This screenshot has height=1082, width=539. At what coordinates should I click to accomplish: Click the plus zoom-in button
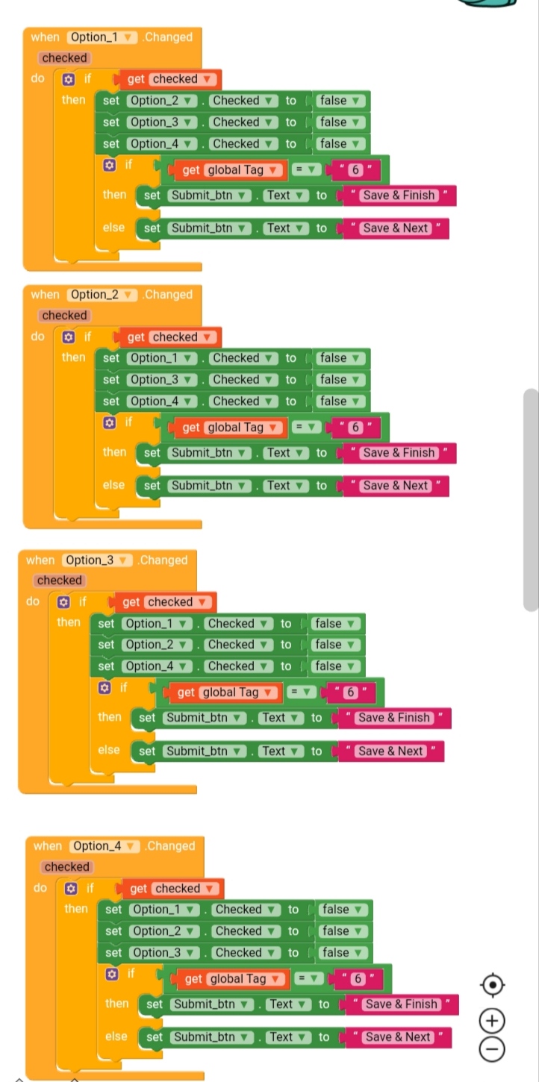tap(492, 1020)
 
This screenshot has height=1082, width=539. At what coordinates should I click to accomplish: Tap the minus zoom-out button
tap(492, 1049)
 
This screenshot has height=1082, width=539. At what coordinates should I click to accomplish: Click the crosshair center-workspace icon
tap(492, 985)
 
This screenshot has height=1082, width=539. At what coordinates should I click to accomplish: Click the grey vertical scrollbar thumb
tap(531, 500)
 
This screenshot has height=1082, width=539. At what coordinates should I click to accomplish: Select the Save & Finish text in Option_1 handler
tap(399, 196)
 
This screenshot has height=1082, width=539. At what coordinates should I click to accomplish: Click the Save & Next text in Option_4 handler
tap(398, 1037)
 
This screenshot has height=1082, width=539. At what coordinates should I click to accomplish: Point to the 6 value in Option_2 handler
tap(355, 428)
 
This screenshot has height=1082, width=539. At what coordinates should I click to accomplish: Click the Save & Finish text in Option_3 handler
tap(394, 718)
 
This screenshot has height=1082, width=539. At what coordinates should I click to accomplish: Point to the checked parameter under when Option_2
tap(65, 316)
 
